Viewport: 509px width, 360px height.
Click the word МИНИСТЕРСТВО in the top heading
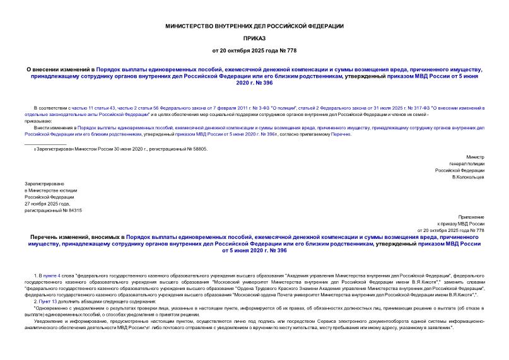(x=185, y=26)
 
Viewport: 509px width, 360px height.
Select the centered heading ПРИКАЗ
(x=254, y=38)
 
